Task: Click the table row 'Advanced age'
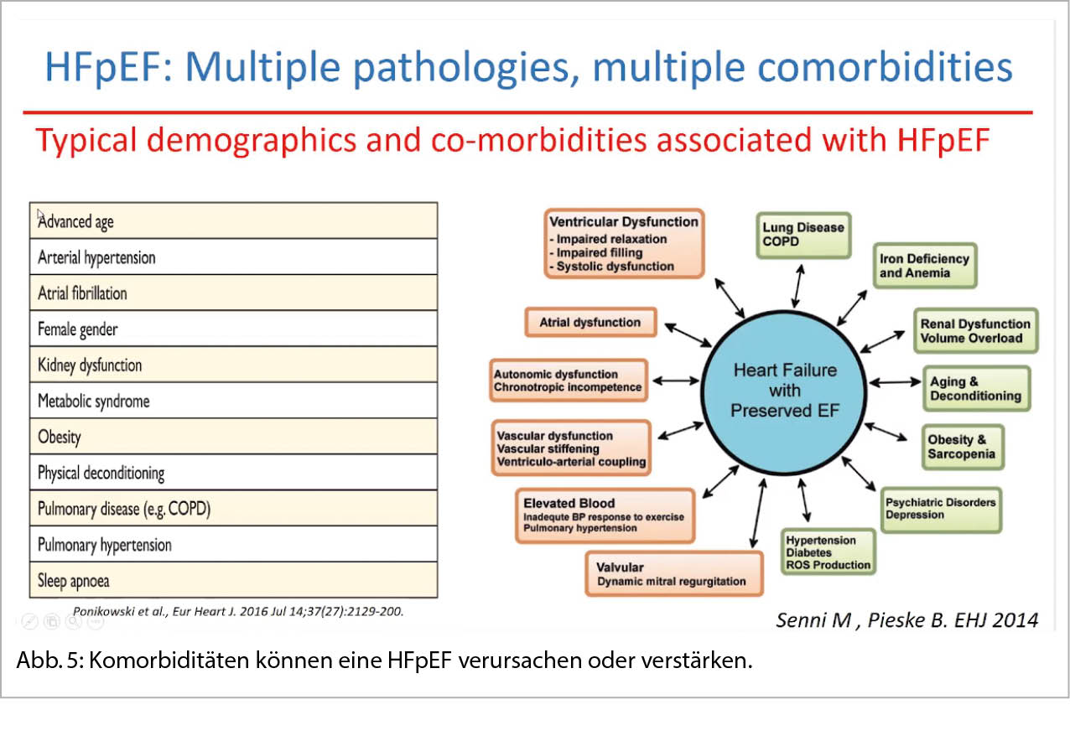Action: click(x=233, y=221)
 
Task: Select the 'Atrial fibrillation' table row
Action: click(x=233, y=293)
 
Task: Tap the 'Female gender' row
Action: click(x=233, y=329)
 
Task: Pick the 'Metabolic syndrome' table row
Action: click(x=233, y=401)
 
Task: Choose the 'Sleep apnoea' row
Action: click(x=233, y=580)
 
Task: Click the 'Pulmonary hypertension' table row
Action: click(x=233, y=544)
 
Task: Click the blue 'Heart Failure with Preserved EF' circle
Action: click(x=784, y=391)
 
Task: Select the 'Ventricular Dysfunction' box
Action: click(x=623, y=244)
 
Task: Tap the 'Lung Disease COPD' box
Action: click(x=802, y=235)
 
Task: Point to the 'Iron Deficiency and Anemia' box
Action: click(x=924, y=266)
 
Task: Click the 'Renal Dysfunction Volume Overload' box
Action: click(x=975, y=331)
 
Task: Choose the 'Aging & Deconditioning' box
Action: click(x=975, y=389)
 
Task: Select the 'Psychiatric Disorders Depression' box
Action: click(x=940, y=509)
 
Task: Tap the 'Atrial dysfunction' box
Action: click(x=590, y=322)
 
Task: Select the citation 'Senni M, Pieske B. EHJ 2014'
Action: click(x=906, y=619)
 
